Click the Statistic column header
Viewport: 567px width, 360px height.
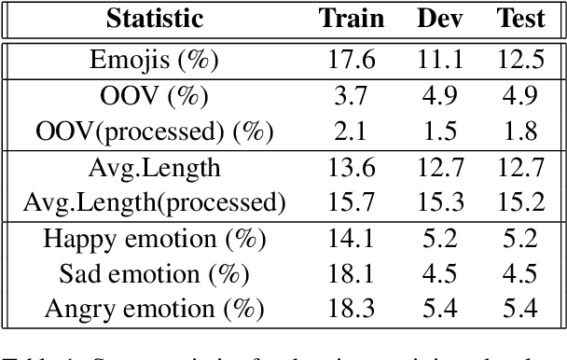pyautogui.click(x=154, y=19)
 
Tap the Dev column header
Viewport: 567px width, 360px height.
pyautogui.click(x=438, y=19)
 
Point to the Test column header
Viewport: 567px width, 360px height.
pyautogui.click(x=521, y=19)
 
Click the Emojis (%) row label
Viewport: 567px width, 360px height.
pyautogui.click(x=154, y=61)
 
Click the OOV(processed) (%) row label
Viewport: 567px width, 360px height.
pyautogui.click(x=154, y=132)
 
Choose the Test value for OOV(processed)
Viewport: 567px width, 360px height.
pyautogui.click(x=521, y=132)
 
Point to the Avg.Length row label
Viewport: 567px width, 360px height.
pyautogui.click(x=154, y=168)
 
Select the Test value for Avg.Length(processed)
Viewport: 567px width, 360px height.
pyautogui.click(x=521, y=201)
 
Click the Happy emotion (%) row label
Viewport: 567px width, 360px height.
pyautogui.click(x=154, y=239)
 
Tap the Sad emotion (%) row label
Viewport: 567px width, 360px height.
pyautogui.click(x=154, y=273)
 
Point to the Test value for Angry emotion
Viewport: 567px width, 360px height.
pyautogui.click(x=521, y=308)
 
